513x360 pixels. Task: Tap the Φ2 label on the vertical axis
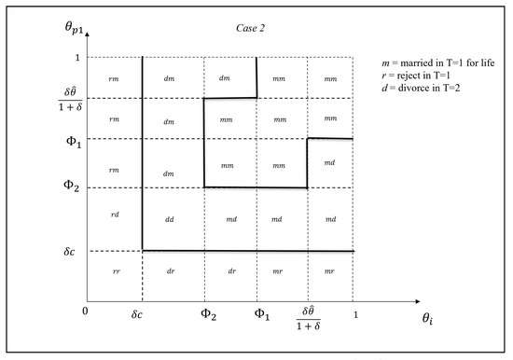pos(60,187)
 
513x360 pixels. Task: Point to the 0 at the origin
pos(85,312)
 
